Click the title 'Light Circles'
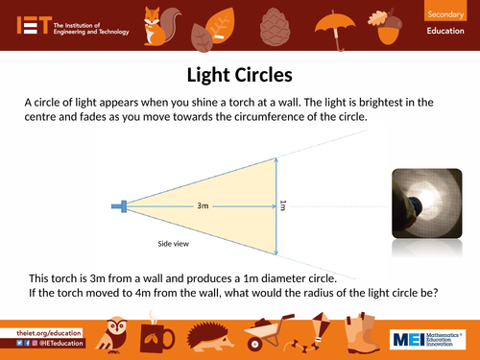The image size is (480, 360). point(239,74)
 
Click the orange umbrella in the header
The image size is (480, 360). point(339,21)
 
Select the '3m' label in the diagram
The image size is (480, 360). point(203,205)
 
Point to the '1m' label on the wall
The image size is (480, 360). point(281,204)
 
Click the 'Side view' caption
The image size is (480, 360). point(173,243)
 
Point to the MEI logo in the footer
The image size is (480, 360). point(426,338)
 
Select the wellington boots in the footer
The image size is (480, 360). point(357,336)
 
